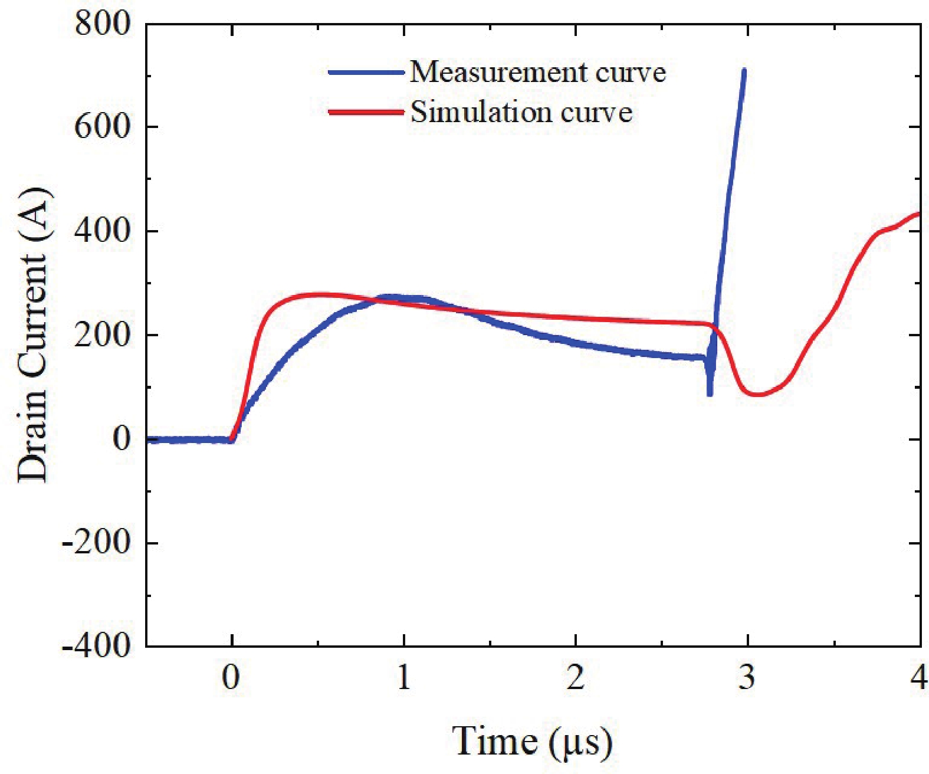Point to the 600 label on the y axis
(101, 126)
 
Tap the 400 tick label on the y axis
(101, 230)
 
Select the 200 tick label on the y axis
(101, 334)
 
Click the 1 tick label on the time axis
(403, 677)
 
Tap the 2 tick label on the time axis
(576, 677)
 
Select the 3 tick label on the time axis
(747, 677)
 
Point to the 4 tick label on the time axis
(918, 677)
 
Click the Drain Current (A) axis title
(32, 334)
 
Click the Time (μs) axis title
(532, 741)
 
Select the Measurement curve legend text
(538, 72)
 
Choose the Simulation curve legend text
(521, 111)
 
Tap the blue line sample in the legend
(366, 73)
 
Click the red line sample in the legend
(366, 112)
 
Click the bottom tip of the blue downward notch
(710, 393)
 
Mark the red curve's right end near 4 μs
(919, 213)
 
